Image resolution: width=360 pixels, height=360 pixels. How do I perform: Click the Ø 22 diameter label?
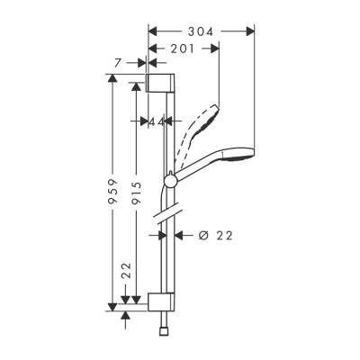pyautogui.click(x=213, y=236)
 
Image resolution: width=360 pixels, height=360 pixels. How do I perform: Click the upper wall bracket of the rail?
pyautogui.click(x=159, y=85)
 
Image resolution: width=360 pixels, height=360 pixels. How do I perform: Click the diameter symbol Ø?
pyautogui.click(x=202, y=236)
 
